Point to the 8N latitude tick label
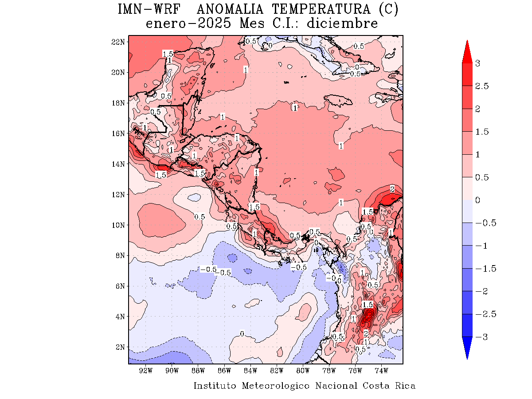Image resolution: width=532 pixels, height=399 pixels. coord(119,255)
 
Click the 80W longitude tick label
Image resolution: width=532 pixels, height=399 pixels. coord(303,371)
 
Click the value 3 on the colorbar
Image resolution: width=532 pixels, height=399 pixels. coord(477,63)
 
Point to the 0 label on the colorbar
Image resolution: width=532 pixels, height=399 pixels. coord(477,200)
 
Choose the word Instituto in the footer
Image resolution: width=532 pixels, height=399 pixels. coord(215,386)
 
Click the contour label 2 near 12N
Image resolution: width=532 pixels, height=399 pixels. coord(392,189)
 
